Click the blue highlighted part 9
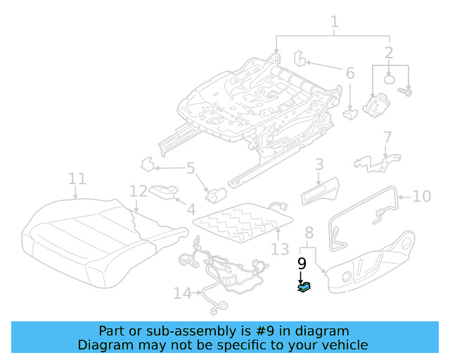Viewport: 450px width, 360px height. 305,288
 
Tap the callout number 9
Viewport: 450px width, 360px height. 302,264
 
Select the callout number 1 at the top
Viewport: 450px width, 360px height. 334,22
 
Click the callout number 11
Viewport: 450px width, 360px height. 77,179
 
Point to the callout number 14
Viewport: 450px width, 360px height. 182,293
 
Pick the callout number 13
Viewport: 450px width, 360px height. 280,249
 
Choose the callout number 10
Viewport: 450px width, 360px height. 421,196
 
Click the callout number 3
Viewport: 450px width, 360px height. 319,165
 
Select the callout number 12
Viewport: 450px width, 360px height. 139,191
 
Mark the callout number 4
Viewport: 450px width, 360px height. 191,209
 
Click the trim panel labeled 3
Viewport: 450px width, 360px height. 320,191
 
